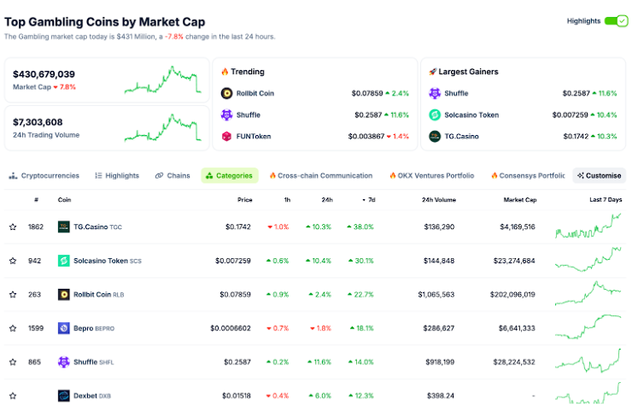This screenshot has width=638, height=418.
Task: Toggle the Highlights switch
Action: tap(616, 21)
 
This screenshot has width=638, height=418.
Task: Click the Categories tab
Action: tap(230, 175)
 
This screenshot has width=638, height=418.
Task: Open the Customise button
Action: tap(600, 175)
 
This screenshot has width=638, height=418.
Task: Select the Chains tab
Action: tap(173, 175)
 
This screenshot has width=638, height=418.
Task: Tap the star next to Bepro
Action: tap(13, 328)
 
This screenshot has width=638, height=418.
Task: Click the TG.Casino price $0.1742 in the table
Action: tap(238, 227)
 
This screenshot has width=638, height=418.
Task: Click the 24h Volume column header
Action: tap(438, 200)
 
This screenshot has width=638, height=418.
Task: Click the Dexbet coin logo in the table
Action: tap(64, 396)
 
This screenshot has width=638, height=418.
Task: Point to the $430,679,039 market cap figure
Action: tap(44, 74)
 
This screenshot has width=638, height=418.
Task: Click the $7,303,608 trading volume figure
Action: tap(38, 122)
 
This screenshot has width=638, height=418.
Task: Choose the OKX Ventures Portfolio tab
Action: tap(431, 175)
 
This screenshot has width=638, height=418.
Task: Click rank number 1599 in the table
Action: tap(35, 328)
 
